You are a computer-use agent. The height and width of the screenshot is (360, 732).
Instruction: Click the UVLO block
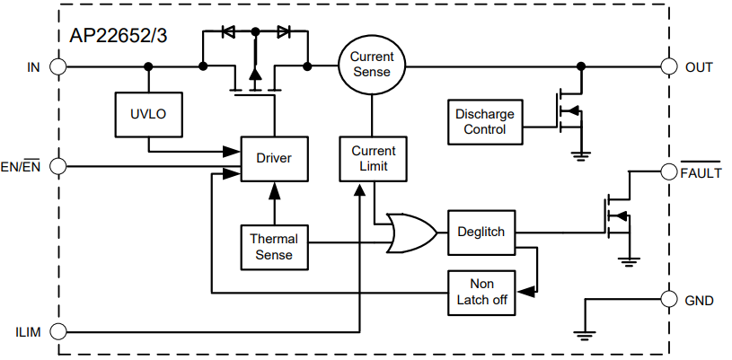point(148,114)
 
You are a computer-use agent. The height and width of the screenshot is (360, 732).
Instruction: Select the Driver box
point(274,158)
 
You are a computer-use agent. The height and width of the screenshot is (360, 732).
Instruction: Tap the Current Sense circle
point(372,65)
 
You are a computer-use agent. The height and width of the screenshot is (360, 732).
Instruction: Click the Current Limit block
point(373,158)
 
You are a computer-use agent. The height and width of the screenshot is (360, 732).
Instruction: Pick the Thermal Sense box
point(274,247)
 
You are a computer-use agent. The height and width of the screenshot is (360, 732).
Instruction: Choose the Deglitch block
point(481,232)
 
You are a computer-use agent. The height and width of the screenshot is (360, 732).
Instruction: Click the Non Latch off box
point(481,292)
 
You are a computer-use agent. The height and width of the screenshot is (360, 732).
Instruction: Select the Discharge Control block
point(485,121)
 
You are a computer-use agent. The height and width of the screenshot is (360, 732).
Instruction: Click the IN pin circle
point(59,66)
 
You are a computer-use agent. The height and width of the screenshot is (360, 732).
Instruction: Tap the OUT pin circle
point(669,66)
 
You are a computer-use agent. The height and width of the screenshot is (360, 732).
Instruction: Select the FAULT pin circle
point(669,171)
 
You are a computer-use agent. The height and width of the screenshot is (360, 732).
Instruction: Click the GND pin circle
point(669,300)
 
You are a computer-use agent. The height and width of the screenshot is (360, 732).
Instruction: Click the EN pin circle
point(59,165)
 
